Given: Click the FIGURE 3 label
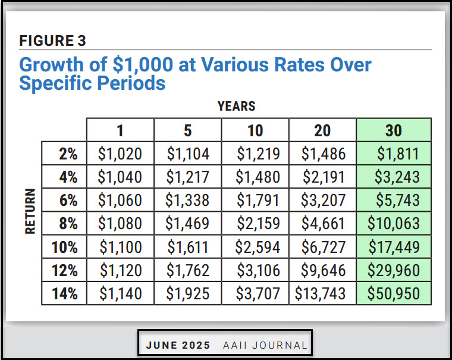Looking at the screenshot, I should [x=53, y=40].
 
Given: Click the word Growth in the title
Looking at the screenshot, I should [x=52, y=64].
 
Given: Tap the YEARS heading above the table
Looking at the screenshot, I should [x=237, y=107].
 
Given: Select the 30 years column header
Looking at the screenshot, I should [x=394, y=130].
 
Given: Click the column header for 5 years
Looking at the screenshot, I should [x=188, y=130].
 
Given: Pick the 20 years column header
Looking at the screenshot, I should [x=322, y=130].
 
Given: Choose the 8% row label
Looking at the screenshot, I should [x=68, y=224].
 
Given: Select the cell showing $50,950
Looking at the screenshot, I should [x=394, y=293].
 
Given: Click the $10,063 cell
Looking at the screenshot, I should [x=394, y=224].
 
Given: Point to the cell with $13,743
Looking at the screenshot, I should [x=322, y=293].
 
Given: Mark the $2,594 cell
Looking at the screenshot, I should [x=255, y=247].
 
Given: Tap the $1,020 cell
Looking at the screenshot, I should [x=121, y=154].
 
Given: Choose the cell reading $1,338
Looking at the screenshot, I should [x=188, y=201].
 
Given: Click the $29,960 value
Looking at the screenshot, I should [x=394, y=270].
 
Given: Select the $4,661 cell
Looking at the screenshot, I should [x=322, y=224].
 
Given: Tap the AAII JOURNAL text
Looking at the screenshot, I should [x=265, y=345].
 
